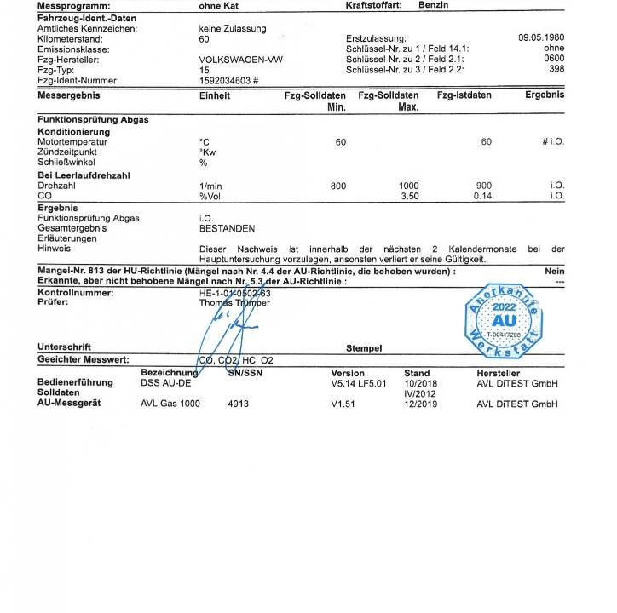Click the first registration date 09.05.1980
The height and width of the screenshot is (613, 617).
[x=541, y=38]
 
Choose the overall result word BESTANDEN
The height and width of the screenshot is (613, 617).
[x=227, y=228]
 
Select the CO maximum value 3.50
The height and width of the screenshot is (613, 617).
[x=410, y=195]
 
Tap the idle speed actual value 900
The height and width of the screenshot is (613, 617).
[x=484, y=185]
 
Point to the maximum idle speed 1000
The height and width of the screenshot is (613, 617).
[x=409, y=185]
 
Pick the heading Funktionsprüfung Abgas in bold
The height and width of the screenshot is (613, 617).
[x=93, y=120]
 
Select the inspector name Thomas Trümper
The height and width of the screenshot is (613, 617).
[x=234, y=301]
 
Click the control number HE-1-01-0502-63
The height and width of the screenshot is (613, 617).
[x=235, y=291]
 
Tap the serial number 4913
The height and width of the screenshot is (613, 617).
[x=239, y=404]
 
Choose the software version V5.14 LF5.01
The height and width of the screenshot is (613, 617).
[x=359, y=383]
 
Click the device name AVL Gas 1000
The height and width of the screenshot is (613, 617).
[x=170, y=404]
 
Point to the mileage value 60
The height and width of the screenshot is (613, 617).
[x=204, y=38]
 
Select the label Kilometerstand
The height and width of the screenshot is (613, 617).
[x=70, y=38]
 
